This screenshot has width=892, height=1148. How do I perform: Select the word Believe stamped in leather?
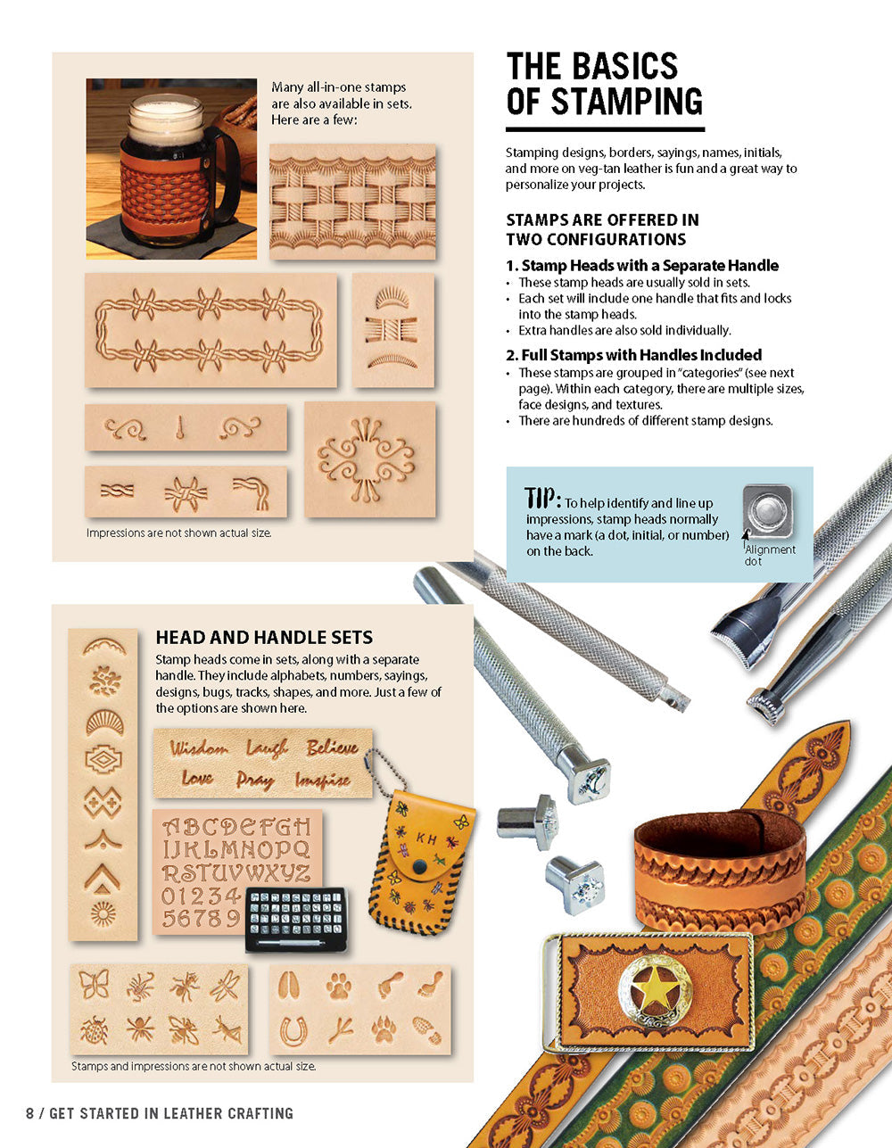[x=332, y=747]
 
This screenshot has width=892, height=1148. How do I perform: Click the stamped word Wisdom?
[x=199, y=748]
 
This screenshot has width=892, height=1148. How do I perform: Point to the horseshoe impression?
[x=293, y=1032]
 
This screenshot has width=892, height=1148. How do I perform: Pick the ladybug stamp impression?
[x=95, y=1031]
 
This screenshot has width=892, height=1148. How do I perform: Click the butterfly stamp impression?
[x=94, y=984]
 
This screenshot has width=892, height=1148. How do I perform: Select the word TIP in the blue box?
[x=543, y=498]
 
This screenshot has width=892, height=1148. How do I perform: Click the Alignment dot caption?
[x=770, y=555]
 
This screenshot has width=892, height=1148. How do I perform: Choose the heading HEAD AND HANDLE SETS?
[x=264, y=638]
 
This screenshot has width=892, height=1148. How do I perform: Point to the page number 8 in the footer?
[x=29, y=1113]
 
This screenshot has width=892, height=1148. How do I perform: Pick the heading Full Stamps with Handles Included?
[x=633, y=354]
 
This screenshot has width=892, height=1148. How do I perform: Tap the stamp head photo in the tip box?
[x=768, y=511]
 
